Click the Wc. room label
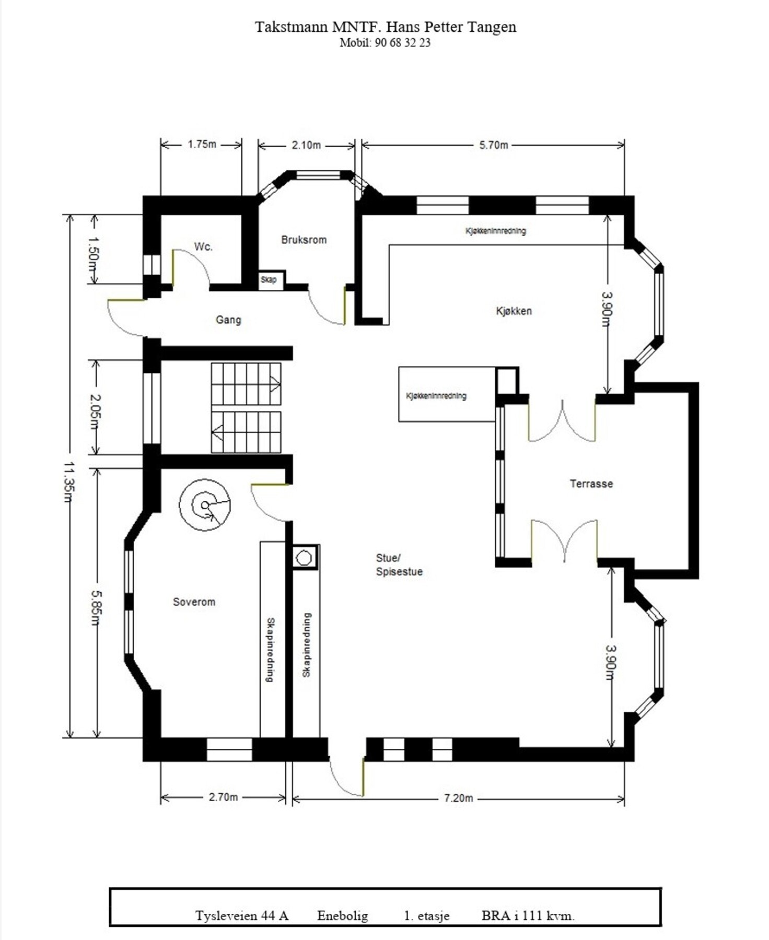(203, 246)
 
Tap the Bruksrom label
(304, 240)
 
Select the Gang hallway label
(228, 320)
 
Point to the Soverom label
(194, 602)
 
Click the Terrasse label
(591, 484)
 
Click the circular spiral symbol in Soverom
(205, 505)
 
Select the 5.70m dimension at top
(494, 145)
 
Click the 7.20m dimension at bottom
(458, 798)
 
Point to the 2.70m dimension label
(223, 797)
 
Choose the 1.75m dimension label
(202, 144)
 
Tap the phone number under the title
(385, 43)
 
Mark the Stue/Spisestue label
(399, 565)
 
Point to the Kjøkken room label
(514, 311)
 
